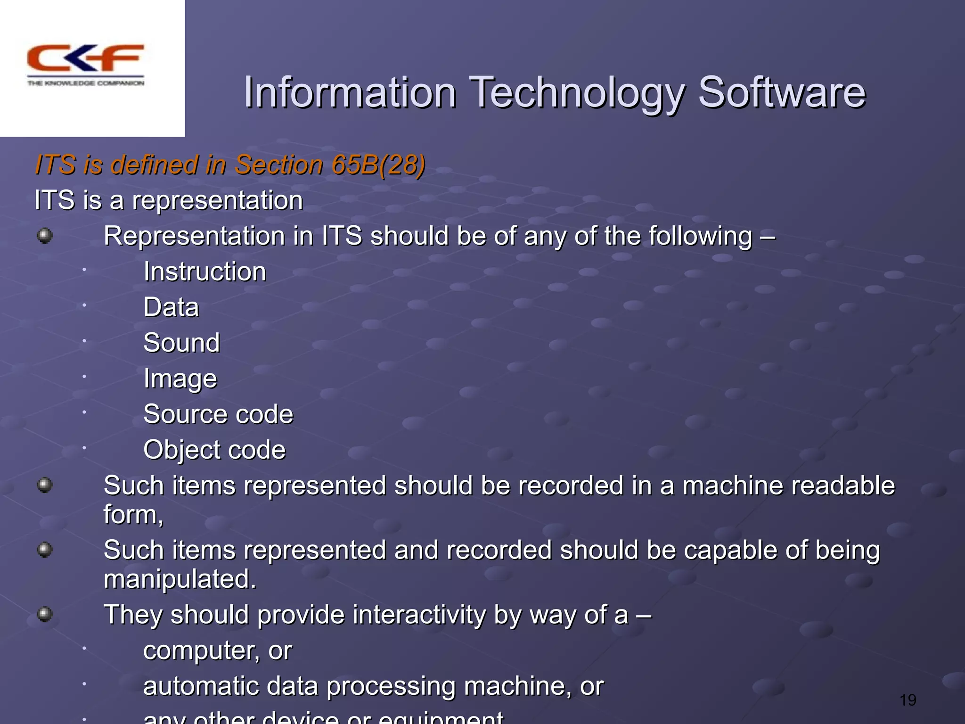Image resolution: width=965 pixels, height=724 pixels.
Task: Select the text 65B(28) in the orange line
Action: click(378, 165)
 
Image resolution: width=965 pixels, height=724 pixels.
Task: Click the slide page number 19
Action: click(908, 700)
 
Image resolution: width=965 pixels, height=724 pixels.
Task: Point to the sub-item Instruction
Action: click(204, 272)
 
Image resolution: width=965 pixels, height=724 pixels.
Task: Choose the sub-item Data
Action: click(171, 307)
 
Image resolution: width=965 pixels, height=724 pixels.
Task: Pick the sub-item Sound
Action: click(181, 343)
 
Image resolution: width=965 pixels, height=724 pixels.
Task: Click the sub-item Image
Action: click(180, 379)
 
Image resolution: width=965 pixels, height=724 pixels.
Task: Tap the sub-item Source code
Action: click(218, 414)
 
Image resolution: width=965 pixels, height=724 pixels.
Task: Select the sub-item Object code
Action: click(214, 450)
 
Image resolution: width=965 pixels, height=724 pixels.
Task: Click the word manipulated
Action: click(180, 579)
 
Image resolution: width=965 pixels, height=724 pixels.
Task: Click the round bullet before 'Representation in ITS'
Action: click(45, 235)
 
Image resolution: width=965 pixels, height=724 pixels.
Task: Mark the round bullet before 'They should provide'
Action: click(45, 614)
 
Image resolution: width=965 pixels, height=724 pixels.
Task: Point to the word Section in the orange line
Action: click(279, 165)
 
